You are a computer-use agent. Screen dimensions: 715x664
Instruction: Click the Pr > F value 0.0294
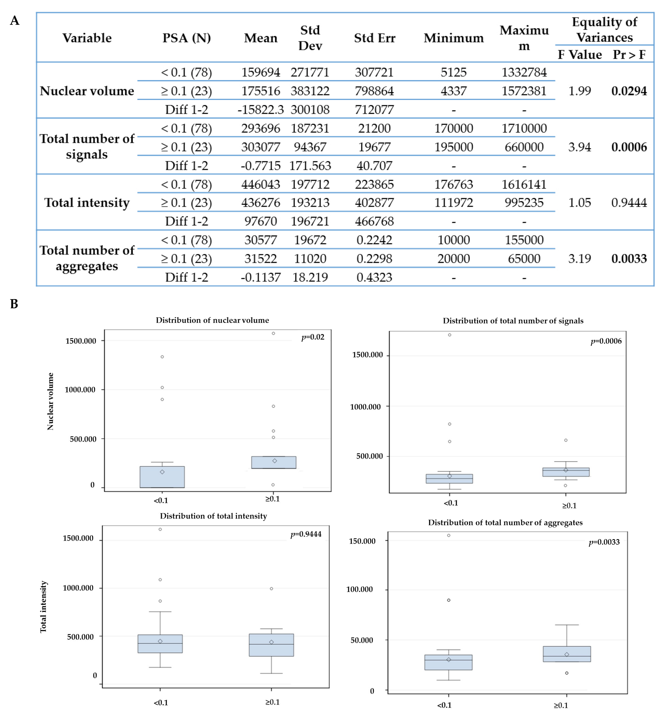pos(629,91)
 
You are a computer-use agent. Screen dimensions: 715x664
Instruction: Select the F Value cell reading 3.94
pos(579,147)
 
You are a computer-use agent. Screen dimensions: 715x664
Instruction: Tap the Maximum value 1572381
pos(524,91)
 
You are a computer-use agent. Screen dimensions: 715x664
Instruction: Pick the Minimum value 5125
pos(453,72)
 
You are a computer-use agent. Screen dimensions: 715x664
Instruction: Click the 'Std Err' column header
pos(374,38)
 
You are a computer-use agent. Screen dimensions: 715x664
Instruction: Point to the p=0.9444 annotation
pos(306,534)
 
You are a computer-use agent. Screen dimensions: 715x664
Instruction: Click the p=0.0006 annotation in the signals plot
pos(606,341)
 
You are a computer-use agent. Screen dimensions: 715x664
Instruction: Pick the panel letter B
pos(14,304)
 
